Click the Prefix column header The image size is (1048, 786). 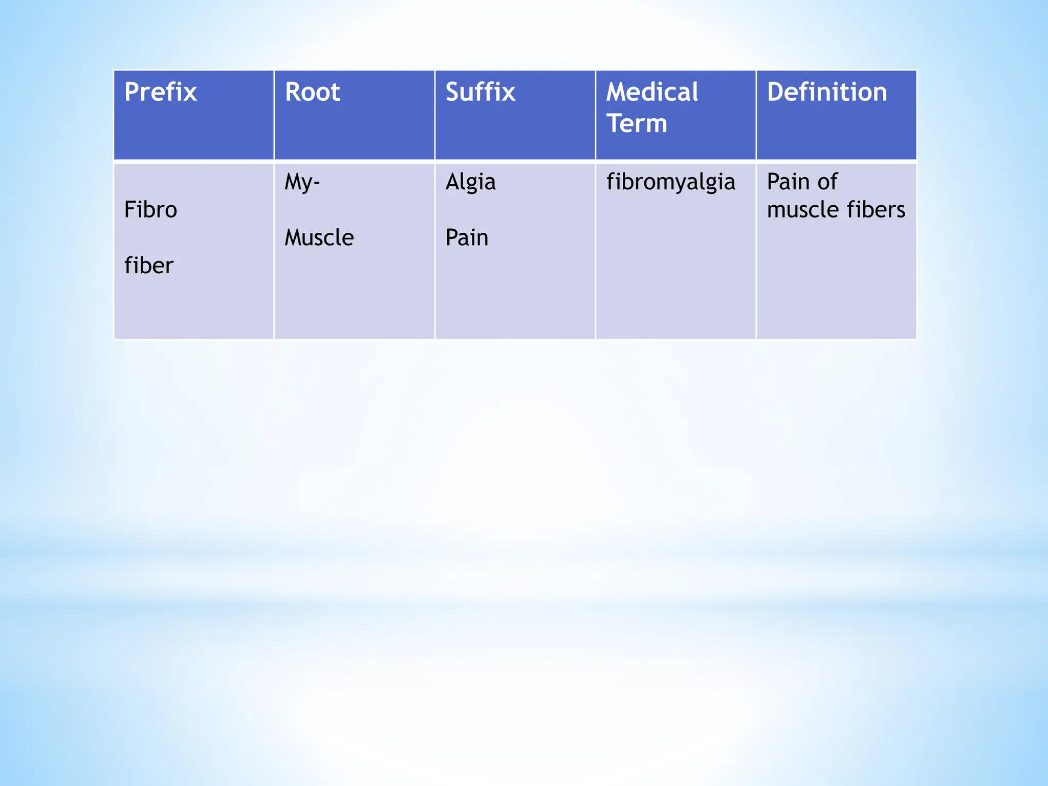click(x=160, y=93)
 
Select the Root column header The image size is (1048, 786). click(x=312, y=93)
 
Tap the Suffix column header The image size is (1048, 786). click(x=480, y=93)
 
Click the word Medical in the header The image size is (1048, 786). click(x=652, y=93)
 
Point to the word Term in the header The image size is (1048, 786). click(x=637, y=124)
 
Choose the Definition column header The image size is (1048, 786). click(x=827, y=93)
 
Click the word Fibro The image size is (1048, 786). click(x=150, y=210)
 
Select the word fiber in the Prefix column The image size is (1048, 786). click(x=149, y=266)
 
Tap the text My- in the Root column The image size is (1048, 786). click(x=302, y=182)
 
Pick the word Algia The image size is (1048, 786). click(x=470, y=182)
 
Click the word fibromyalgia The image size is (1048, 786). click(x=670, y=182)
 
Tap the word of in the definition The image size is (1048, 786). click(x=827, y=182)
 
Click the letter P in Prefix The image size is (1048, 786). click(x=132, y=93)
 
